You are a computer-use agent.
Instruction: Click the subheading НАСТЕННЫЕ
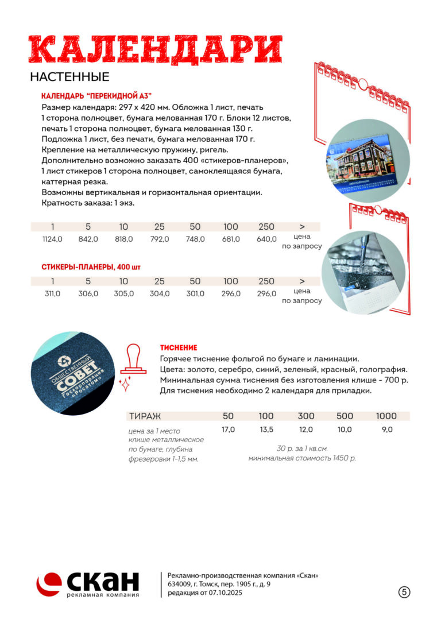[69, 77]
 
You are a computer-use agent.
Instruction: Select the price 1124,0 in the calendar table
[52, 239]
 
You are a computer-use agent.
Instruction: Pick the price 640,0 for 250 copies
[266, 239]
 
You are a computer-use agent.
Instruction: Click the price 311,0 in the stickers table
[52, 293]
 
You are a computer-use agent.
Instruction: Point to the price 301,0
[195, 293]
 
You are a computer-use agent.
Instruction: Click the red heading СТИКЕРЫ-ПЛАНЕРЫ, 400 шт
[91, 267]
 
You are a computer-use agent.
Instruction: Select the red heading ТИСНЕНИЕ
[179, 347]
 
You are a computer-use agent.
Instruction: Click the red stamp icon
[133, 362]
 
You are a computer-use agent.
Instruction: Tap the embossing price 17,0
[228, 429]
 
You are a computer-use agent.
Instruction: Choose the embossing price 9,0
[386, 429]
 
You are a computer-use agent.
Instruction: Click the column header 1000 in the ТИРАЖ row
[386, 416]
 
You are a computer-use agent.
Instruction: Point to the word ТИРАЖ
[145, 416]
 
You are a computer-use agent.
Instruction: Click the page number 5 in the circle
[404, 592]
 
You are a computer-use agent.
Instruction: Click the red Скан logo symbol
[49, 583]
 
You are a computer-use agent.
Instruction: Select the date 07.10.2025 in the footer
[224, 593]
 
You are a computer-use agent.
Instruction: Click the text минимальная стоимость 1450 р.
[302, 458]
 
